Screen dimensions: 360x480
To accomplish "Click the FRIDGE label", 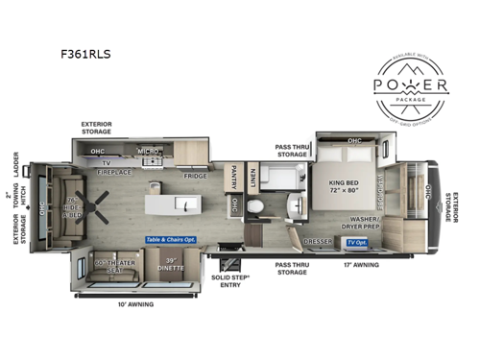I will tap(196, 177).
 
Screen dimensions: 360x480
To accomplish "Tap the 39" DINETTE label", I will tap(172, 266).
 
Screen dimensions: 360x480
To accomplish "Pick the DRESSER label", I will tap(317, 242).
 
